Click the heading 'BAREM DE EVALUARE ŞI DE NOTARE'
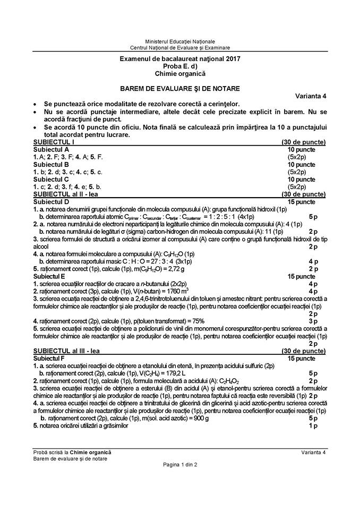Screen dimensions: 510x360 click(180, 88)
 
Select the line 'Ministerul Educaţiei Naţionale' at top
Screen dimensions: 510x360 click(180, 41)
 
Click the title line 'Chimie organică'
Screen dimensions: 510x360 click(180, 73)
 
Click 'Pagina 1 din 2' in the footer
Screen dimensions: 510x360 click(180, 465)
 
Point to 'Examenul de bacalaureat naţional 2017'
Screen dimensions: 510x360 click(180, 58)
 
